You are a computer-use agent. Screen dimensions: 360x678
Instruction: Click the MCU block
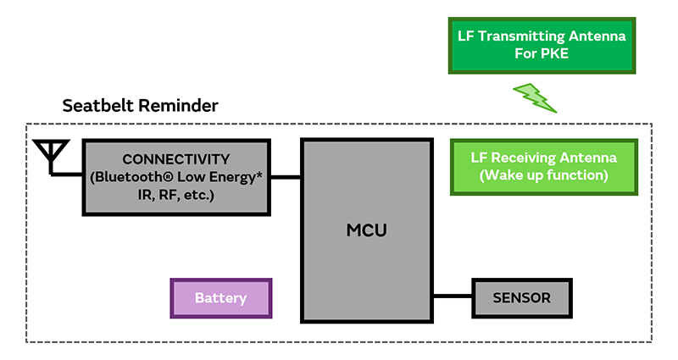click(366, 230)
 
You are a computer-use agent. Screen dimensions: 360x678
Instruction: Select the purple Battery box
click(221, 298)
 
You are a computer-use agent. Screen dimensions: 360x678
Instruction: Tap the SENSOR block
click(521, 297)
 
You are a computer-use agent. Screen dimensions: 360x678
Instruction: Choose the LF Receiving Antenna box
click(543, 166)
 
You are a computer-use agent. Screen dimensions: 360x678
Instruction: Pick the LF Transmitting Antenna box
click(542, 45)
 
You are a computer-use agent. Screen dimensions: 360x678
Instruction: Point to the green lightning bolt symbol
click(534, 97)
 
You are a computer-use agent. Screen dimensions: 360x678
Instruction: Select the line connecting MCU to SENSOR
click(453, 296)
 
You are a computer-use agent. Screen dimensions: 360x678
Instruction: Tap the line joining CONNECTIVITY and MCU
click(286, 177)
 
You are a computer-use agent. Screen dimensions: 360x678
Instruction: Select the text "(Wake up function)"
click(543, 175)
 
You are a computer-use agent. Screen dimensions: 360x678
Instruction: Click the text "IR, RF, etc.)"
click(153, 195)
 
